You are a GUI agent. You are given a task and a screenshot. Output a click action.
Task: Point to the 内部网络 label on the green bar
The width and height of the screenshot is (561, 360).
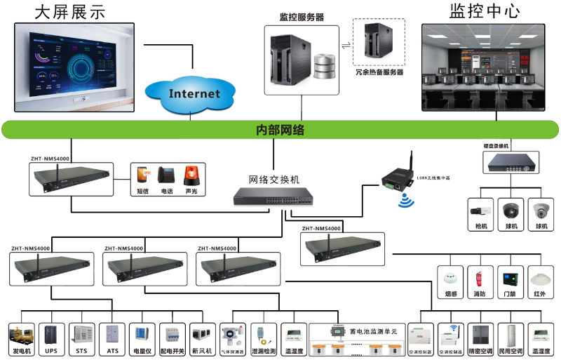280,130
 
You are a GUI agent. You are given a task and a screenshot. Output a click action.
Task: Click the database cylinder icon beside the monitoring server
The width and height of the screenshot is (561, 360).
325,65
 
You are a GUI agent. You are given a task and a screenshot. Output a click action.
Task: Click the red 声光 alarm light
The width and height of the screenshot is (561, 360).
191,175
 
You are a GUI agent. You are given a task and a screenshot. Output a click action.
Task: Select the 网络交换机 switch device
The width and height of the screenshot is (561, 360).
273,198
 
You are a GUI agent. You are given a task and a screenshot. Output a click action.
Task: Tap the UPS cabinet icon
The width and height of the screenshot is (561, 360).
50,334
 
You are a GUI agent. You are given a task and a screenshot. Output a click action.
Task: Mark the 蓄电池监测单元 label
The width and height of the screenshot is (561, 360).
374,331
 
